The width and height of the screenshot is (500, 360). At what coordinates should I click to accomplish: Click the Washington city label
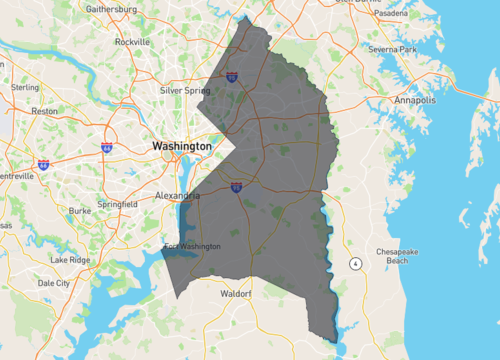click(x=181, y=146)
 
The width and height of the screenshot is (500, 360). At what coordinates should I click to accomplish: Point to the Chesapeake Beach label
click(x=398, y=256)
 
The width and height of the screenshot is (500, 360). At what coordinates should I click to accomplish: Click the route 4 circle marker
click(x=355, y=263)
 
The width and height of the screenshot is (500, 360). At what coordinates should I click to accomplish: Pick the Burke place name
click(x=80, y=211)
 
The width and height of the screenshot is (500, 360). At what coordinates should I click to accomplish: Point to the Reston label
click(x=45, y=112)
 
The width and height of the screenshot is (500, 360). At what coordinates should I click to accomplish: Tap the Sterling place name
click(x=25, y=87)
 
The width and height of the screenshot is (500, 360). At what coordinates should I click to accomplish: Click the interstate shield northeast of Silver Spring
click(x=232, y=76)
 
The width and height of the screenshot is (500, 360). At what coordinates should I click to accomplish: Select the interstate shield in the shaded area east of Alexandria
click(x=236, y=187)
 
